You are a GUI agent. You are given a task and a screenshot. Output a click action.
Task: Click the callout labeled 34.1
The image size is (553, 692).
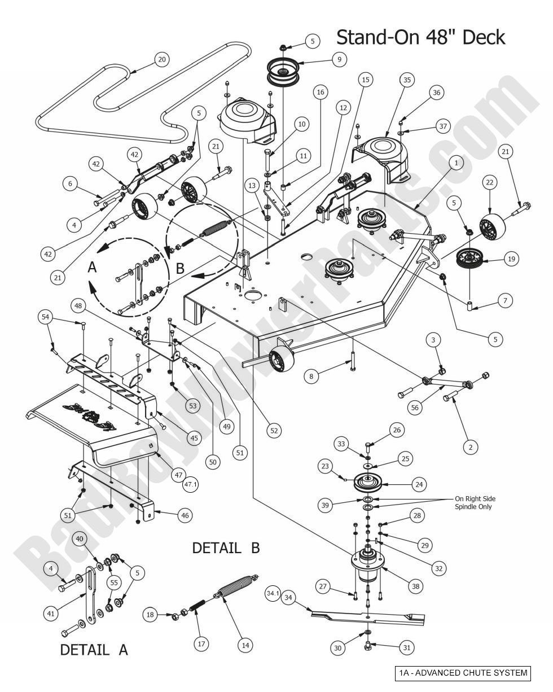pos(273,593)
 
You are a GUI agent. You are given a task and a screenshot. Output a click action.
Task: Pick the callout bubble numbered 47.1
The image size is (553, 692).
pos(191,484)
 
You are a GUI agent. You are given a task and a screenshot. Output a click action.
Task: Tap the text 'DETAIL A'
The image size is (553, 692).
pos(94,650)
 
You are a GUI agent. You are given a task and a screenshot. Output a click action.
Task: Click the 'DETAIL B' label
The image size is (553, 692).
pos(226,548)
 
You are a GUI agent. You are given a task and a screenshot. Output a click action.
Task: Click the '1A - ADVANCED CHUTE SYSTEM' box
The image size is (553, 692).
pos(463,673)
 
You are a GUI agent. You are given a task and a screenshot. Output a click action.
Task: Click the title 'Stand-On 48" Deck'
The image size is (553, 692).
pos(420,38)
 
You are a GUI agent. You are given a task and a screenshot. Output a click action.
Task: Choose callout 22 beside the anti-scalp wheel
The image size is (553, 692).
pos(489,182)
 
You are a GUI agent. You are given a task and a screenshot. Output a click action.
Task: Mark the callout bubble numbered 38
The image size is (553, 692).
pos(416,586)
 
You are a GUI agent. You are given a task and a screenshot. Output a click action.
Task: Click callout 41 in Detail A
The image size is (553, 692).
pos(52,614)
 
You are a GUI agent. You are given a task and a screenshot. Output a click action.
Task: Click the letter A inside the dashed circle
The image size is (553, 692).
pos(94,269)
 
